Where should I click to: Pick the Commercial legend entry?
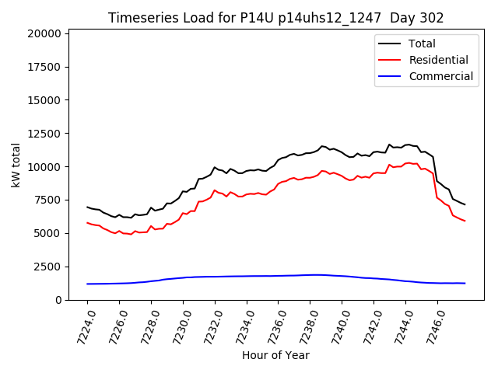[x=440, y=76]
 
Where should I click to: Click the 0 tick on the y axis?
[x=58, y=300]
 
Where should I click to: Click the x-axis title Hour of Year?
[x=275, y=355]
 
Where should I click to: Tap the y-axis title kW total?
[x=16, y=165]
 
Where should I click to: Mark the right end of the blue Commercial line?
[x=465, y=283]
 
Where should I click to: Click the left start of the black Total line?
[x=87, y=207]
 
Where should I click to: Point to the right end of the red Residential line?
[x=465, y=221]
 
